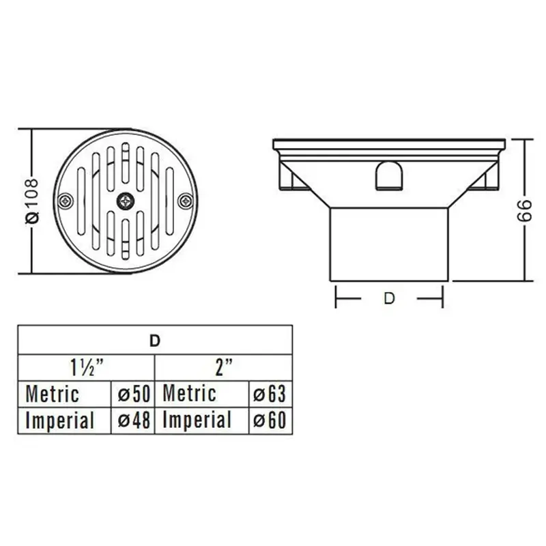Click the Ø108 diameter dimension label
coord(32,201)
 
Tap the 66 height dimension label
coord(524,210)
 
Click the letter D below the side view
coord(389,298)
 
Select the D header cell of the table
coord(155,341)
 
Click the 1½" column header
coord(87,367)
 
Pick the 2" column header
coord(224,367)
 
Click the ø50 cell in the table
coord(133,394)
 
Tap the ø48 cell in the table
coord(133,420)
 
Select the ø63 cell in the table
coord(270,394)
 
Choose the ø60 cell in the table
coord(270,420)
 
